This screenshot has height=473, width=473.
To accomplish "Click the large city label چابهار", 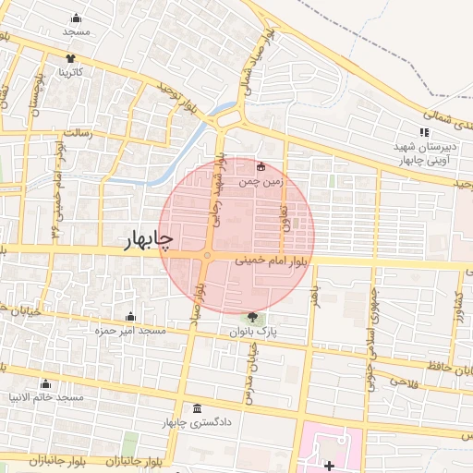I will pos(149,240).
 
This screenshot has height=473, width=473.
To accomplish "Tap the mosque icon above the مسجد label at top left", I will pos(76,18).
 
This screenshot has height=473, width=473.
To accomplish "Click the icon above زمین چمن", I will pos(261,167).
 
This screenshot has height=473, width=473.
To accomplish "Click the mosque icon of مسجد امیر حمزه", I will pos(129,317).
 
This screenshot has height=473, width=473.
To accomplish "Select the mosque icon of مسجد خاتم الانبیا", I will pos(45,383).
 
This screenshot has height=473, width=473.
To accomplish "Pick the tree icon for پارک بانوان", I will pos(253,318).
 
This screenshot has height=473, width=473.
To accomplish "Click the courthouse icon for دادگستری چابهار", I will pos(198,409).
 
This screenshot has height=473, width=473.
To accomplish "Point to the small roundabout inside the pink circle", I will pos(208,255).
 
